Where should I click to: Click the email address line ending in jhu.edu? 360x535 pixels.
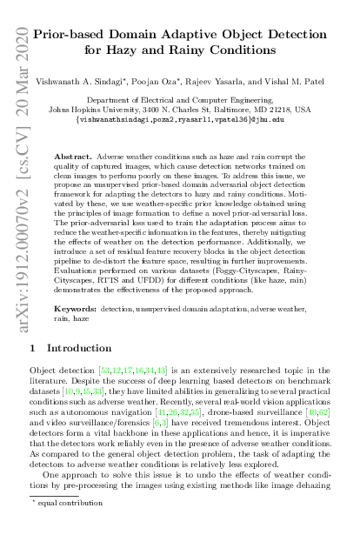pyautogui.click(x=192, y=119)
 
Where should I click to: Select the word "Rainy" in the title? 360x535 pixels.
pyautogui.click(x=237, y=50)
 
